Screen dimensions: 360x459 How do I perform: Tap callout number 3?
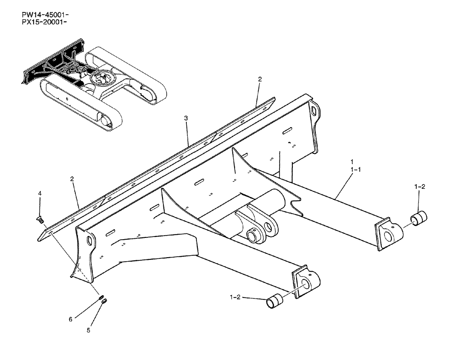pos(186,118)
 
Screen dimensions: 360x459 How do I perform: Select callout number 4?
pos(40,194)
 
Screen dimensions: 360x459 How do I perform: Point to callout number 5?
pos(89,330)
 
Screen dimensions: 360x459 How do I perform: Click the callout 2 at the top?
pos(259,79)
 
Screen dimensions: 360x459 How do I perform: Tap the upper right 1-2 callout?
pos(420,187)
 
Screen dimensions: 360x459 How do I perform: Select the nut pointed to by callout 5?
pos(104,301)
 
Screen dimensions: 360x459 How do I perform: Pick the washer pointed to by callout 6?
pos(100,297)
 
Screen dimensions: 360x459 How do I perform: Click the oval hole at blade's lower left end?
pos(90,241)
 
